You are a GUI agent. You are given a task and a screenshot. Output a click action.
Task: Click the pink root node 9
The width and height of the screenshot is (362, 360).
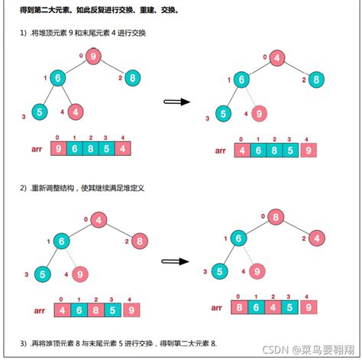93,55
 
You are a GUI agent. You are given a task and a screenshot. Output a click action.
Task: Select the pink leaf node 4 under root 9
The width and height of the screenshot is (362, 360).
76,112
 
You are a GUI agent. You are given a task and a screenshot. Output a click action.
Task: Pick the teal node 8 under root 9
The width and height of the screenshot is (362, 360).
132,77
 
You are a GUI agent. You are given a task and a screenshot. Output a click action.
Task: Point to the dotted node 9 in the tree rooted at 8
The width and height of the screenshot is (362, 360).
259,271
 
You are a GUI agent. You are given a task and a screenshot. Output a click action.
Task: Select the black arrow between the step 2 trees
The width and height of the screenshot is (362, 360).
176,261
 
